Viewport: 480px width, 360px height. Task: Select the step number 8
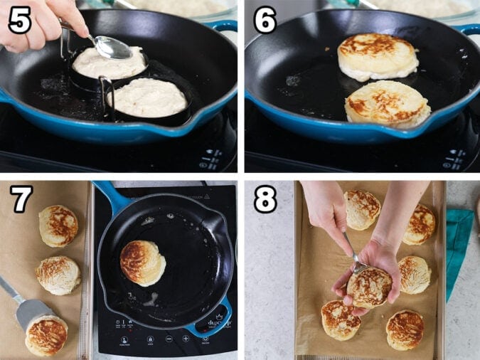coord(265,200)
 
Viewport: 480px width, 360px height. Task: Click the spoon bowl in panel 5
coord(114,48)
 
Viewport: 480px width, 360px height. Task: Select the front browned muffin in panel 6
coord(387,104)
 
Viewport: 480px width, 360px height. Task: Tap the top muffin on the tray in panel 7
coord(58,226)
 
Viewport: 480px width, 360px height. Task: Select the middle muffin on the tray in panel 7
coord(58,275)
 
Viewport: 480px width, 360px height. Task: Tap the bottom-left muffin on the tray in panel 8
coord(341,319)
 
